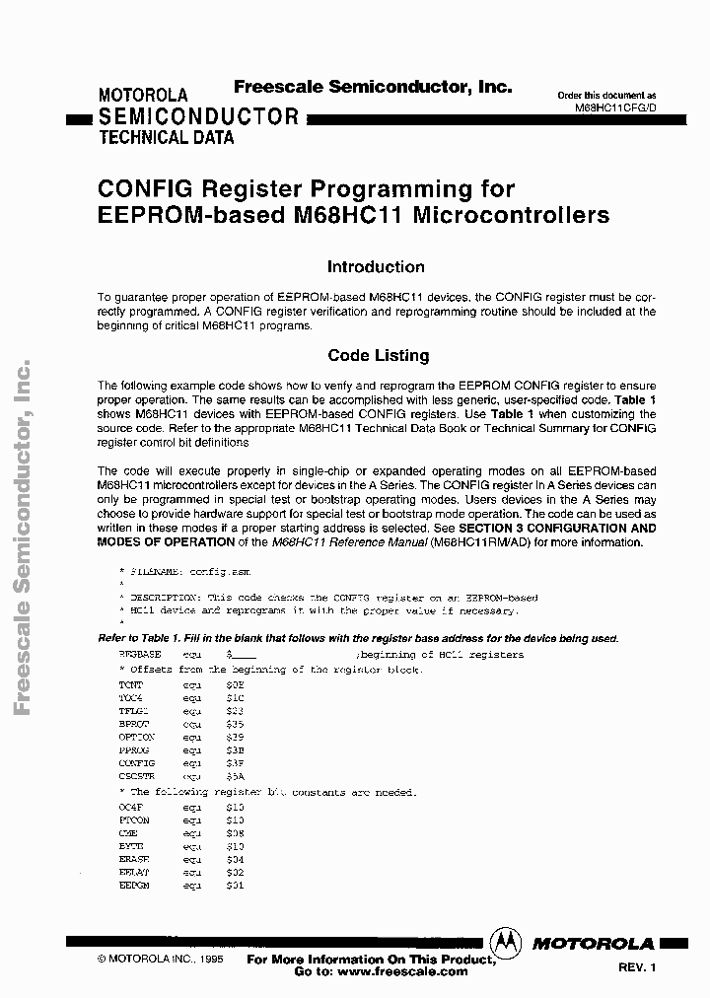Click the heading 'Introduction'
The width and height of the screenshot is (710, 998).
tap(376, 267)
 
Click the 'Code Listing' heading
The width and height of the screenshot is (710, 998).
tap(378, 355)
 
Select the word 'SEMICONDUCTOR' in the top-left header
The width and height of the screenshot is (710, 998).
tap(198, 116)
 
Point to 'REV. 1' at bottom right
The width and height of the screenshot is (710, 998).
tap(637, 967)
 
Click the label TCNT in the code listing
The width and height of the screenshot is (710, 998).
tap(130, 683)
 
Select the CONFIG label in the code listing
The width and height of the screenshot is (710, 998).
tap(136, 763)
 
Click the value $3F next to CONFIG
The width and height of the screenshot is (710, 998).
tap(235, 763)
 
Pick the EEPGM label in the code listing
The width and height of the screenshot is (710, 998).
tap(132, 887)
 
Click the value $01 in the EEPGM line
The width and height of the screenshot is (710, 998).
tap(235, 887)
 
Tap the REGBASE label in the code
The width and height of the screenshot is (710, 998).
tap(139, 655)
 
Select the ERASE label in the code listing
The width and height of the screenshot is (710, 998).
tap(132, 860)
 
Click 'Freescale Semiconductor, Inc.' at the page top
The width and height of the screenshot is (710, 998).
tap(373, 87)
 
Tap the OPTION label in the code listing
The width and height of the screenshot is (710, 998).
tap(136, 737)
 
